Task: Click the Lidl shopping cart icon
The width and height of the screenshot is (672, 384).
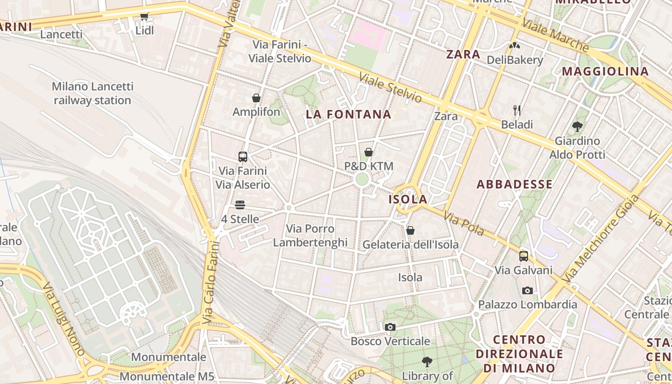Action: (144, 17)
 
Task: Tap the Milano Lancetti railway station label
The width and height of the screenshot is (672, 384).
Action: (92, 94)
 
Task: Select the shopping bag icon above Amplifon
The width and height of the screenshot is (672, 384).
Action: (256, 98)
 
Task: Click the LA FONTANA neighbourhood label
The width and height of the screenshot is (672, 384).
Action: (348, 115)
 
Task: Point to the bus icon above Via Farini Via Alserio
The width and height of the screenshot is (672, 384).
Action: (243, 157)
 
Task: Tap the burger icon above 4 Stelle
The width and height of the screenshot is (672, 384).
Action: (240, 205)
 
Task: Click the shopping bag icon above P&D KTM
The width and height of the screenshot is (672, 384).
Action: (369, 153)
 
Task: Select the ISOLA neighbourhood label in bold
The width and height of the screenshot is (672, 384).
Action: (408, 199)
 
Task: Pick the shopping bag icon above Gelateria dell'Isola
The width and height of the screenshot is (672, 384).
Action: (410, 231)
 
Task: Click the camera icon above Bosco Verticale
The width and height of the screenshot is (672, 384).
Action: (390, 327)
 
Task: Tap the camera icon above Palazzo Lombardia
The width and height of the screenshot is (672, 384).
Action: (527, 290)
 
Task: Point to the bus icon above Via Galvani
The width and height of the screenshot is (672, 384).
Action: (524, 256)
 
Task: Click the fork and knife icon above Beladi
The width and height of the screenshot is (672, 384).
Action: (517, 110)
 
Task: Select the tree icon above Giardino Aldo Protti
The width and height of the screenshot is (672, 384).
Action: (577, 127)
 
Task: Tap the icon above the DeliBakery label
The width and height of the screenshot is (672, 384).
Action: (515, 46)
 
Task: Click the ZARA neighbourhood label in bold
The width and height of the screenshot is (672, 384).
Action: (463, 54)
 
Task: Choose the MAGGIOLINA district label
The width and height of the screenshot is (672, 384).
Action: (605, 72)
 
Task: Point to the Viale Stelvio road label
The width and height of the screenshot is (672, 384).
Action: (391, 88)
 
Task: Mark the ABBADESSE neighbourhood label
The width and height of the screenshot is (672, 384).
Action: (515, 184)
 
